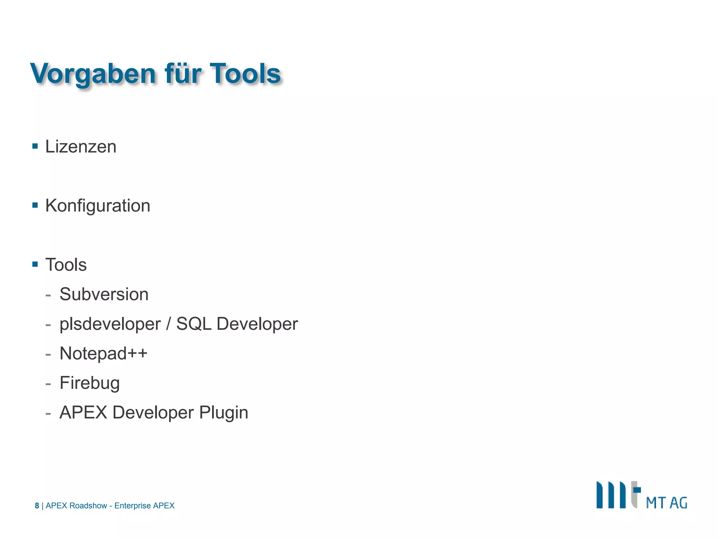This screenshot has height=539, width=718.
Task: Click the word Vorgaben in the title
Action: pos(93,74)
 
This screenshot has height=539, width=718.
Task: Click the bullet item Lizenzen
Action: pos(81,147)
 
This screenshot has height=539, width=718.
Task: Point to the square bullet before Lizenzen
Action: pos(35,146)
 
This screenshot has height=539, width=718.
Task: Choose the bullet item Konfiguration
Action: pos(97,206)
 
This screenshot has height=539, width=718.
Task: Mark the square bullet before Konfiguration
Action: pos(35,205)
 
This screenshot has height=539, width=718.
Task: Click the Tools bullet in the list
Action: pos(66,265)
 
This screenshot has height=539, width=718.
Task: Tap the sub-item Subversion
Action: pos(104,294)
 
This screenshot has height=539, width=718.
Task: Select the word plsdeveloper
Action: pos(110,324)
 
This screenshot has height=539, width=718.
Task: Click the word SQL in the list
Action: pos(194,324)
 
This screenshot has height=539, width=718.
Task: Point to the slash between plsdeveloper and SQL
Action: pos(169,324)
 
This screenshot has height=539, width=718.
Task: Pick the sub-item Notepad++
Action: pos(103,353)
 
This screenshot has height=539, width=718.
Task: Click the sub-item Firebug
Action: pos(89,383)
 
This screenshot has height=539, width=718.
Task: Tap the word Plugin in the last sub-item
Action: pos(223,413)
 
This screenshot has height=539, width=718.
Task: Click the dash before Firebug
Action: pos(48,384)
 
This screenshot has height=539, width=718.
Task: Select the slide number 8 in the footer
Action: pos(37,506)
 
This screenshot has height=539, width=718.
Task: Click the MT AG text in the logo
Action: pos(666,503)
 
